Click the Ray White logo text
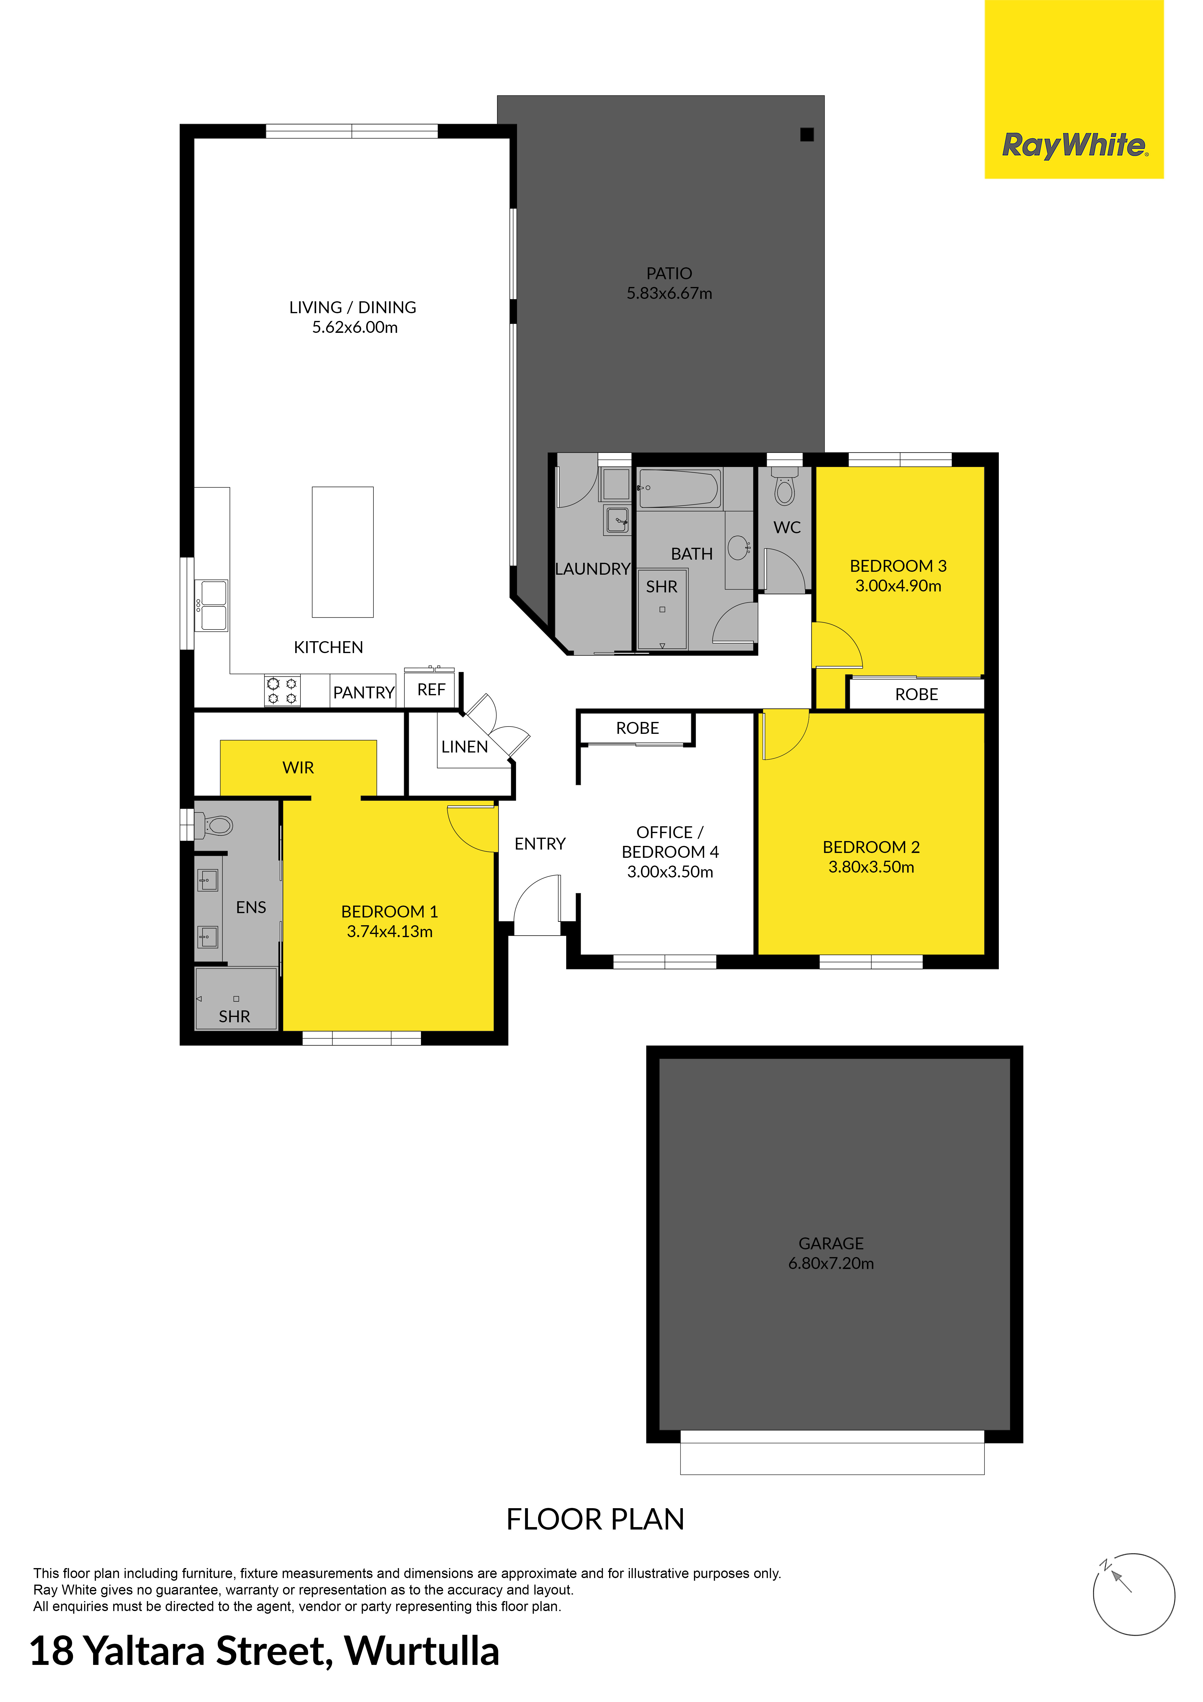click(x=1075, y=145)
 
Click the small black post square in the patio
click(x=807, y=134)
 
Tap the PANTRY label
click(x=363, y=692)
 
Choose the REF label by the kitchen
click(x=431, y=690)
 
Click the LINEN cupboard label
click(x=465, y=747)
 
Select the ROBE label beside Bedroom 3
click(x=917, y=695)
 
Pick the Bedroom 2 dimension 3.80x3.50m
click(x=871, y=867)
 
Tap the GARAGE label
click(x=831, y=1243)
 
